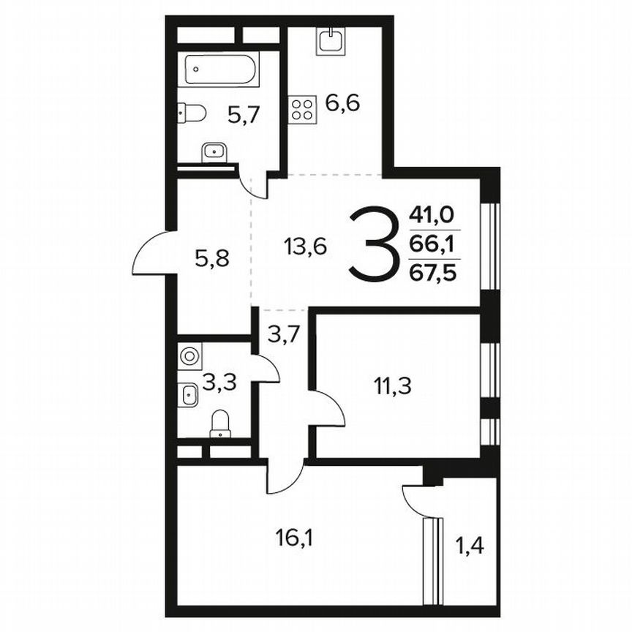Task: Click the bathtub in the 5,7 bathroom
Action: [219, 71]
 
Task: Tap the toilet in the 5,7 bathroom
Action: [192, 113]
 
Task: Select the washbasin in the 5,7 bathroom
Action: [214, 151]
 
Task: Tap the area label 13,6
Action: [305, 247]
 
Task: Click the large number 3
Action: [375, 244]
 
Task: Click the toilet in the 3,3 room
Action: [220, 424]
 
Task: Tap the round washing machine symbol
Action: [189, 356]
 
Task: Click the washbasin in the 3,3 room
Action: [189, 395]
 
